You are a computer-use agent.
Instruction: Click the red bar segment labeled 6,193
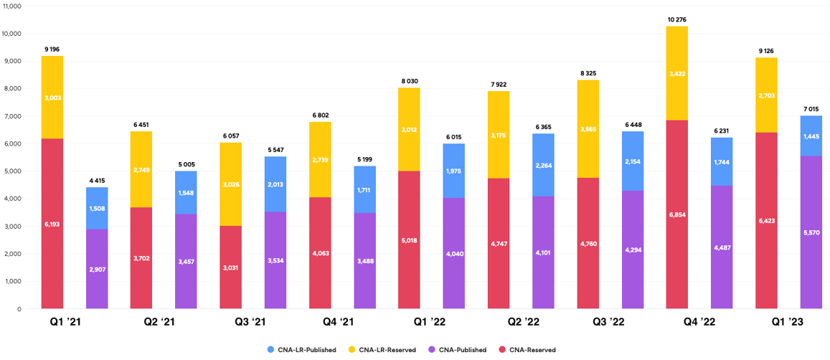[52, 224]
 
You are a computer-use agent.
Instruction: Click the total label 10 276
[676, 19]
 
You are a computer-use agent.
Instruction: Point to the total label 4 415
[97, 180]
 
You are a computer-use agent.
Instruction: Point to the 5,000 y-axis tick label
[13, 171]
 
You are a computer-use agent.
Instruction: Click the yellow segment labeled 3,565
[588, 129]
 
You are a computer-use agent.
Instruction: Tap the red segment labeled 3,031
[230, 267]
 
